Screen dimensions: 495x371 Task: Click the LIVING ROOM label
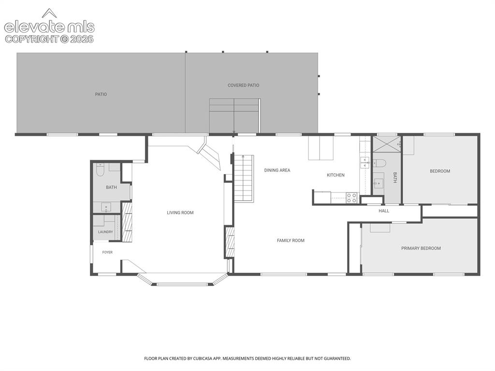point(180,213)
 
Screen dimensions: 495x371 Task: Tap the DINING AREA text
point(277,170)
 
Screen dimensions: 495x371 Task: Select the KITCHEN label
point(335,175)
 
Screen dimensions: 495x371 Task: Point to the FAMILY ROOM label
point(291,240)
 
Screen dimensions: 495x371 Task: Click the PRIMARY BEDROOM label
point(421,249)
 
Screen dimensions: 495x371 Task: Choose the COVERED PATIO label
point(244,85)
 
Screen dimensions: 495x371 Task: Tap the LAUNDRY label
point(105,232)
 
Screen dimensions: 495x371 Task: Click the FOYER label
point(107,252)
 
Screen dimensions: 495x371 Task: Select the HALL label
point(384,211)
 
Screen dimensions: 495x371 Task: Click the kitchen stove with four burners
point(352,198)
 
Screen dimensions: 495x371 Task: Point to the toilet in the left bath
point(101,169)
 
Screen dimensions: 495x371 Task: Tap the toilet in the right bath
point(379,163)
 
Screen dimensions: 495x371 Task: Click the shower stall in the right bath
point(387,145)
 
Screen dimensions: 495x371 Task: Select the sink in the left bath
point(106,208)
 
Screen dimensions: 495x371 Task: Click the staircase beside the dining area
point(244,178)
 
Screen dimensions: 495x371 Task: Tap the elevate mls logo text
point(49,27)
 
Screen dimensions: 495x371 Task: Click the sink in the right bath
point(379,183)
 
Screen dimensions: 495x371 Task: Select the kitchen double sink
point(365,163)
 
